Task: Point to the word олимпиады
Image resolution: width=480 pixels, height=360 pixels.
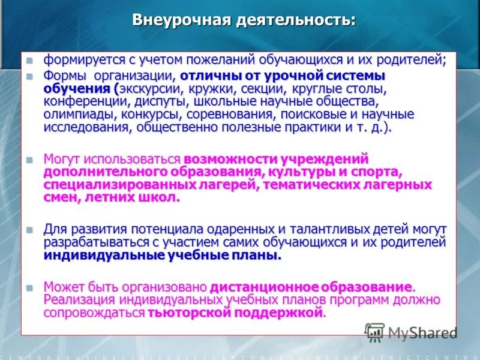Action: (76, 114)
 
